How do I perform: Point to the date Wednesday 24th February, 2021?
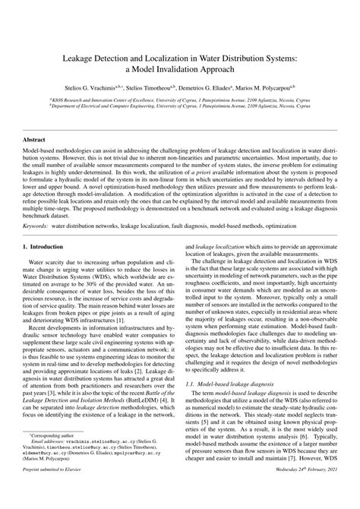(300, 492)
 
